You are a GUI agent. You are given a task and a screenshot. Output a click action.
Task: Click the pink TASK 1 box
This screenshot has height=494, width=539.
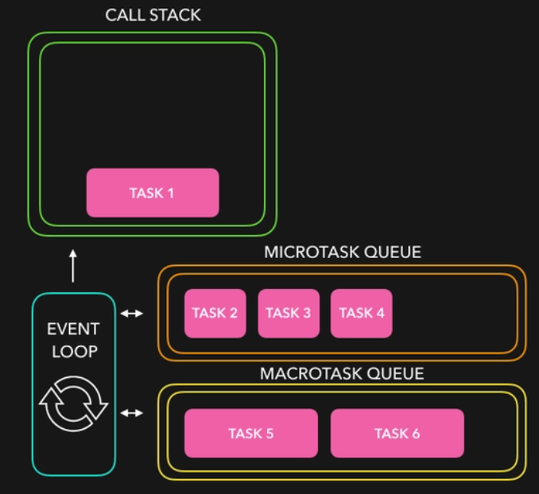(x=152, y=193)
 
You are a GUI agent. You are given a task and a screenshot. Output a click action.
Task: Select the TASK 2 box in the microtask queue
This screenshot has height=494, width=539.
(x=215, y=313)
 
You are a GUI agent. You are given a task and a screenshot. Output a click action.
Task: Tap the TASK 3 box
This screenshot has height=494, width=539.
(x=289, y=313)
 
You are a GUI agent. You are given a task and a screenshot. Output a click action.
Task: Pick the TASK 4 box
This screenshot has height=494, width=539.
(x=362, y=313)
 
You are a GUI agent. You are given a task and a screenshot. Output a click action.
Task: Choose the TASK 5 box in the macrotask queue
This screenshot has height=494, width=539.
(x=250, y=434)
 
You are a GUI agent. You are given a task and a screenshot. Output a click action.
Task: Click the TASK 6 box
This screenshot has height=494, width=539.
(x=397, y=434)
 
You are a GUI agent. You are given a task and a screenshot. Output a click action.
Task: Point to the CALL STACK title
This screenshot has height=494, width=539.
(x=153, y=16)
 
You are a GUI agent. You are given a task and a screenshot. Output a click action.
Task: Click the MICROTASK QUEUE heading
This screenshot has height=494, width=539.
(x=343, y=253)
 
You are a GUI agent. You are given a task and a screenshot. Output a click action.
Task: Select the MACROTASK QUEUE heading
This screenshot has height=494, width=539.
(x=342, y=373)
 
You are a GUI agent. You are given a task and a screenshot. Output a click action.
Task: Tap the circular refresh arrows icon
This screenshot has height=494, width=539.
(x=73, y=403)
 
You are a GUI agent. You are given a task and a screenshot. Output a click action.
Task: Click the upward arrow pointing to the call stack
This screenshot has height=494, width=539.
(x=73, y=266)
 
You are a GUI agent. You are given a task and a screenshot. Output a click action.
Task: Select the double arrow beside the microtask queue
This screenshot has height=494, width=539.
(x=132, y=314)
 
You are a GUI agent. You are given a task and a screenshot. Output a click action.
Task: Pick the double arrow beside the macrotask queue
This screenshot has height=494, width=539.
(x=132, y=413)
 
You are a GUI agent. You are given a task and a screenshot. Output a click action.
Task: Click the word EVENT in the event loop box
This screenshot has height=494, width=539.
(x=73, y=329)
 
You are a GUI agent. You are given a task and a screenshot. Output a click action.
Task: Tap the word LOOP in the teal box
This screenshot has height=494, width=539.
(x=73, y=350)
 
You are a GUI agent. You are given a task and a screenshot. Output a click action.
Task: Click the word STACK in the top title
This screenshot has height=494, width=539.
(x=174, y=16)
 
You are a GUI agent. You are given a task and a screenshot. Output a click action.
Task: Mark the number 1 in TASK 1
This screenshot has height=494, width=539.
(x=170, y=193)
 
